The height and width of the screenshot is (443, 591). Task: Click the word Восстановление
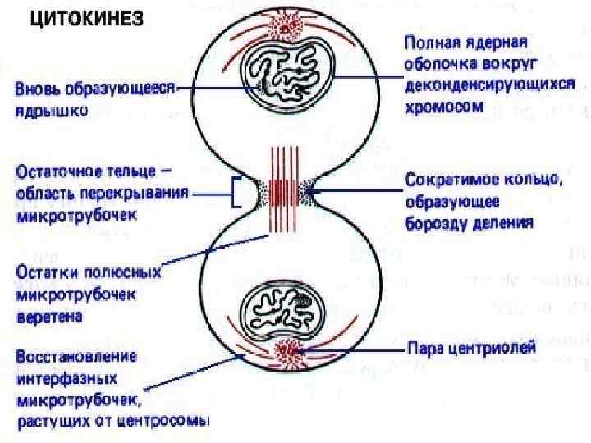[x=68, y=359]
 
